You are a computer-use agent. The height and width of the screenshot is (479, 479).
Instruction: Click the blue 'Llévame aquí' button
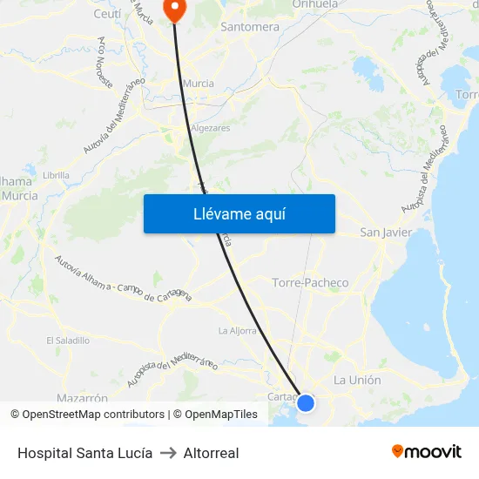pos(239,213)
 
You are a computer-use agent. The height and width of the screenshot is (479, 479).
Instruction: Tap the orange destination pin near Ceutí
pos(175,9)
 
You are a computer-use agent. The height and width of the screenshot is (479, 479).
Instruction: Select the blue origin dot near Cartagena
pos(306,402)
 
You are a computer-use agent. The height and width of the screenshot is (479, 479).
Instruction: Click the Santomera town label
pos(250,27)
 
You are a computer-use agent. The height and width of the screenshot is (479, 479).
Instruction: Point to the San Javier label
pos(386,233)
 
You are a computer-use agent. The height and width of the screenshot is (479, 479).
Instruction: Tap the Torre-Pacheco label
pos(310,283)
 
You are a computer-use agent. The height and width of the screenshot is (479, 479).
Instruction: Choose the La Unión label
pos(357,380)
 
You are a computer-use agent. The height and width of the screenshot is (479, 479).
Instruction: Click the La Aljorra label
pos(237,331)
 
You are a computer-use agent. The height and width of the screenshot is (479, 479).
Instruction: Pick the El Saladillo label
pos(68,341)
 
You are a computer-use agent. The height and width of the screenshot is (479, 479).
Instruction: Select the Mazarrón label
pos(82,398)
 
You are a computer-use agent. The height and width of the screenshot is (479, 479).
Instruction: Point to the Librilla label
pos(56,175)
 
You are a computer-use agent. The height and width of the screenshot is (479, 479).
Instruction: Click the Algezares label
pos(210,128)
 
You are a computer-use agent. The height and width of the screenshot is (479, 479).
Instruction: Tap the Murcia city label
pos(199,84)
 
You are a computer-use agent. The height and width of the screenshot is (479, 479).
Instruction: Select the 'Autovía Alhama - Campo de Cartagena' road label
pos(123,279)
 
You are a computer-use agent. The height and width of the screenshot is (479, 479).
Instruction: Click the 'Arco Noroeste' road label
pos(106,64)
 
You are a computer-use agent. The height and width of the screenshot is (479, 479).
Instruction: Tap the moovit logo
pos(427,451)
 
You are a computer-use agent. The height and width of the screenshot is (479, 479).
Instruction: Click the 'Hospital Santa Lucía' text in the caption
pos(84,453)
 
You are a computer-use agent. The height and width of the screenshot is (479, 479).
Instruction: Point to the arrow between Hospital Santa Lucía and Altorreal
pos(168,453)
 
